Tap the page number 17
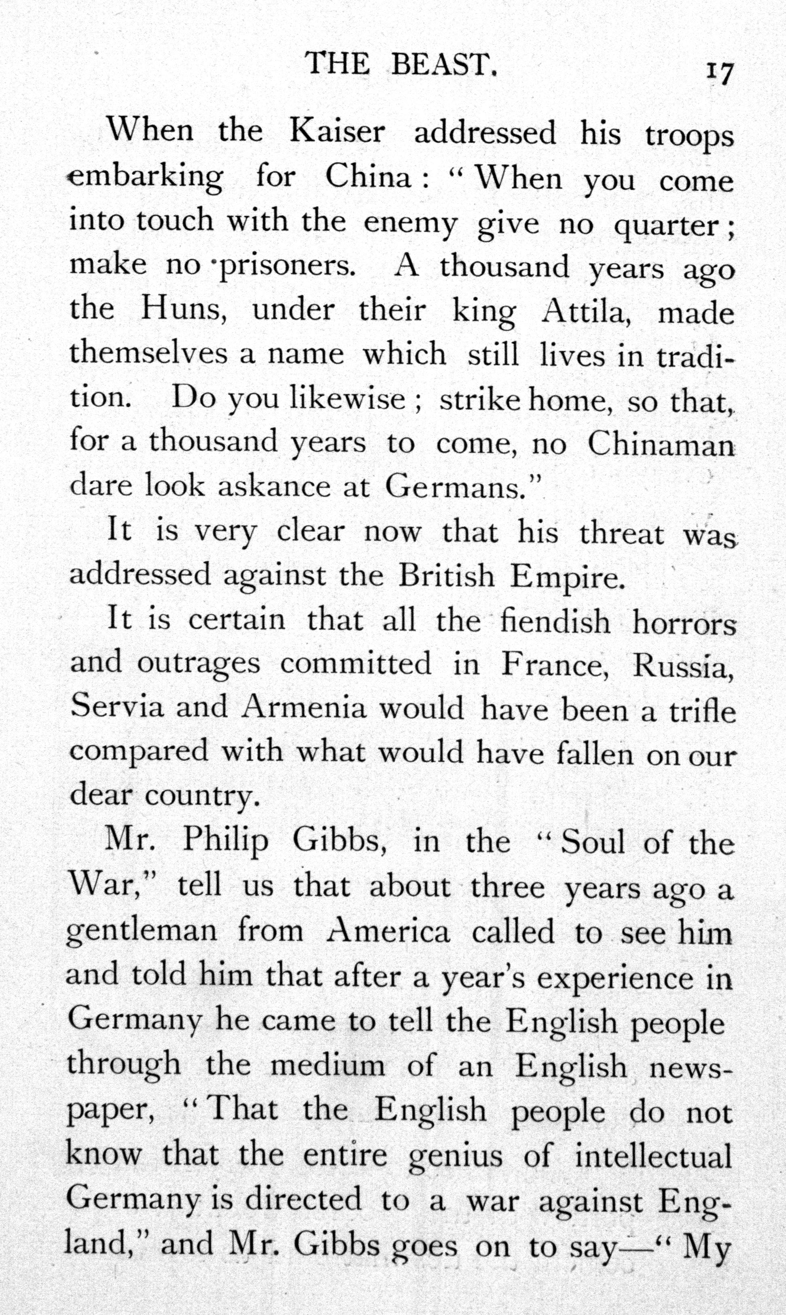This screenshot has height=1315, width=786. coord(720,73)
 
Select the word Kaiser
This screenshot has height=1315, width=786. coord(337,132)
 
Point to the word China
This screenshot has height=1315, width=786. coord(368,177)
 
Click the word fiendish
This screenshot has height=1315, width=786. coord(555,621)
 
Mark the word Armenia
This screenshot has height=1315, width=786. coord(303,708)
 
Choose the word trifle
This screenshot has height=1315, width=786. coord(702,710)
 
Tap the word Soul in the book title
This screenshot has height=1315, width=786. coord(593,842)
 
